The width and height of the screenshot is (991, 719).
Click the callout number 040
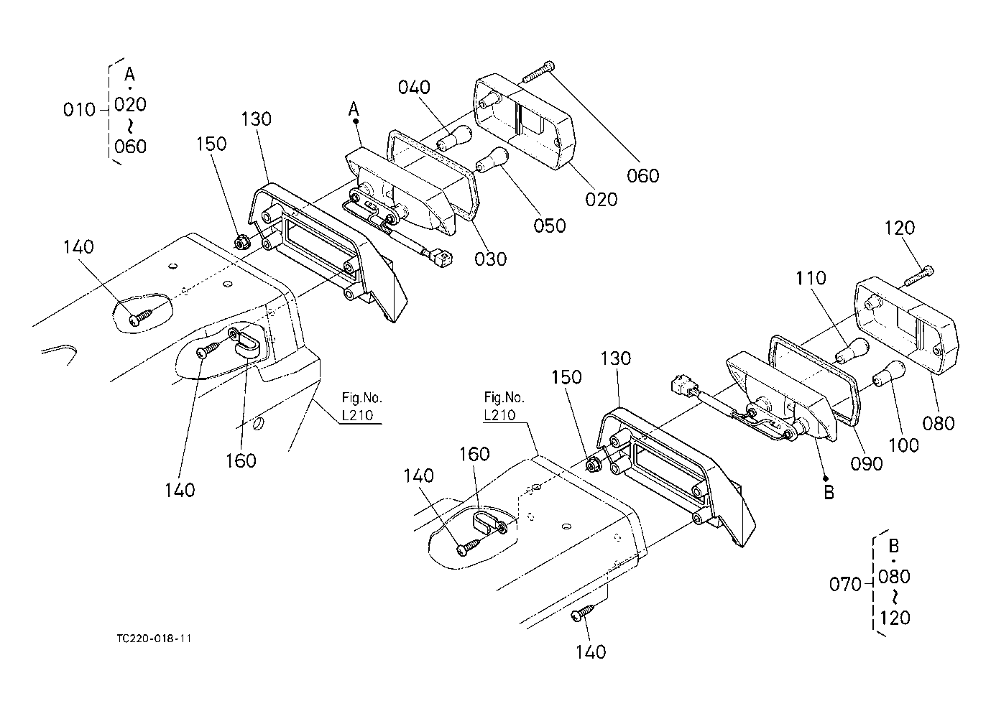click(415, 88)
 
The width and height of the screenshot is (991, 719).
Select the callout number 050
click(549, 225)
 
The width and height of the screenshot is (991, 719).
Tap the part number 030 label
click(491, 259)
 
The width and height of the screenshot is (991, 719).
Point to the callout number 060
click(642, 176)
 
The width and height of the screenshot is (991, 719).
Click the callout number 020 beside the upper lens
click(601, 199)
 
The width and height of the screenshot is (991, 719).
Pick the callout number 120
click(899, 228)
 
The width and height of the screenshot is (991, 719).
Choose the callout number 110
click(811, 278)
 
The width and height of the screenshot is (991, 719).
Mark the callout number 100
click(903, 445)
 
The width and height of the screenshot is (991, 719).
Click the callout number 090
click(866, 463)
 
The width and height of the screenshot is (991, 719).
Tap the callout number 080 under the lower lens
click(939, 423)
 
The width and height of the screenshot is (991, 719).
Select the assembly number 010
click(79, 110)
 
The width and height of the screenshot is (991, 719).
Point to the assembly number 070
click(845, 584)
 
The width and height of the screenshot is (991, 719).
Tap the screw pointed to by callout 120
click(920, 276)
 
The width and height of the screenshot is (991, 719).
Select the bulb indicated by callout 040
click(456, 136)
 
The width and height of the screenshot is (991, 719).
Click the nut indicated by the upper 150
click(242, 241)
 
